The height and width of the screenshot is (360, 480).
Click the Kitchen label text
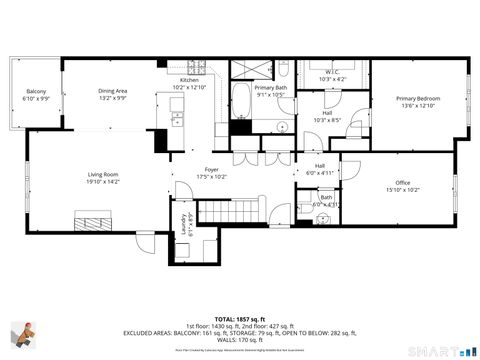click(189, 80)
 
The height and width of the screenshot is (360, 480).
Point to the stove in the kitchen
click(198, 68)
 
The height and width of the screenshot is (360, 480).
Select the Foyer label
click(212, 170)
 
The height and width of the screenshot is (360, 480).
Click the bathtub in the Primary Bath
click(243, 102)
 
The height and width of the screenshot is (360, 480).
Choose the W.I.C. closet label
click(333, 71)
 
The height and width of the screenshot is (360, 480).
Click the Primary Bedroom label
click(417, 98)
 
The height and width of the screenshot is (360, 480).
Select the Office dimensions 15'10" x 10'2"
click(403, 189)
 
